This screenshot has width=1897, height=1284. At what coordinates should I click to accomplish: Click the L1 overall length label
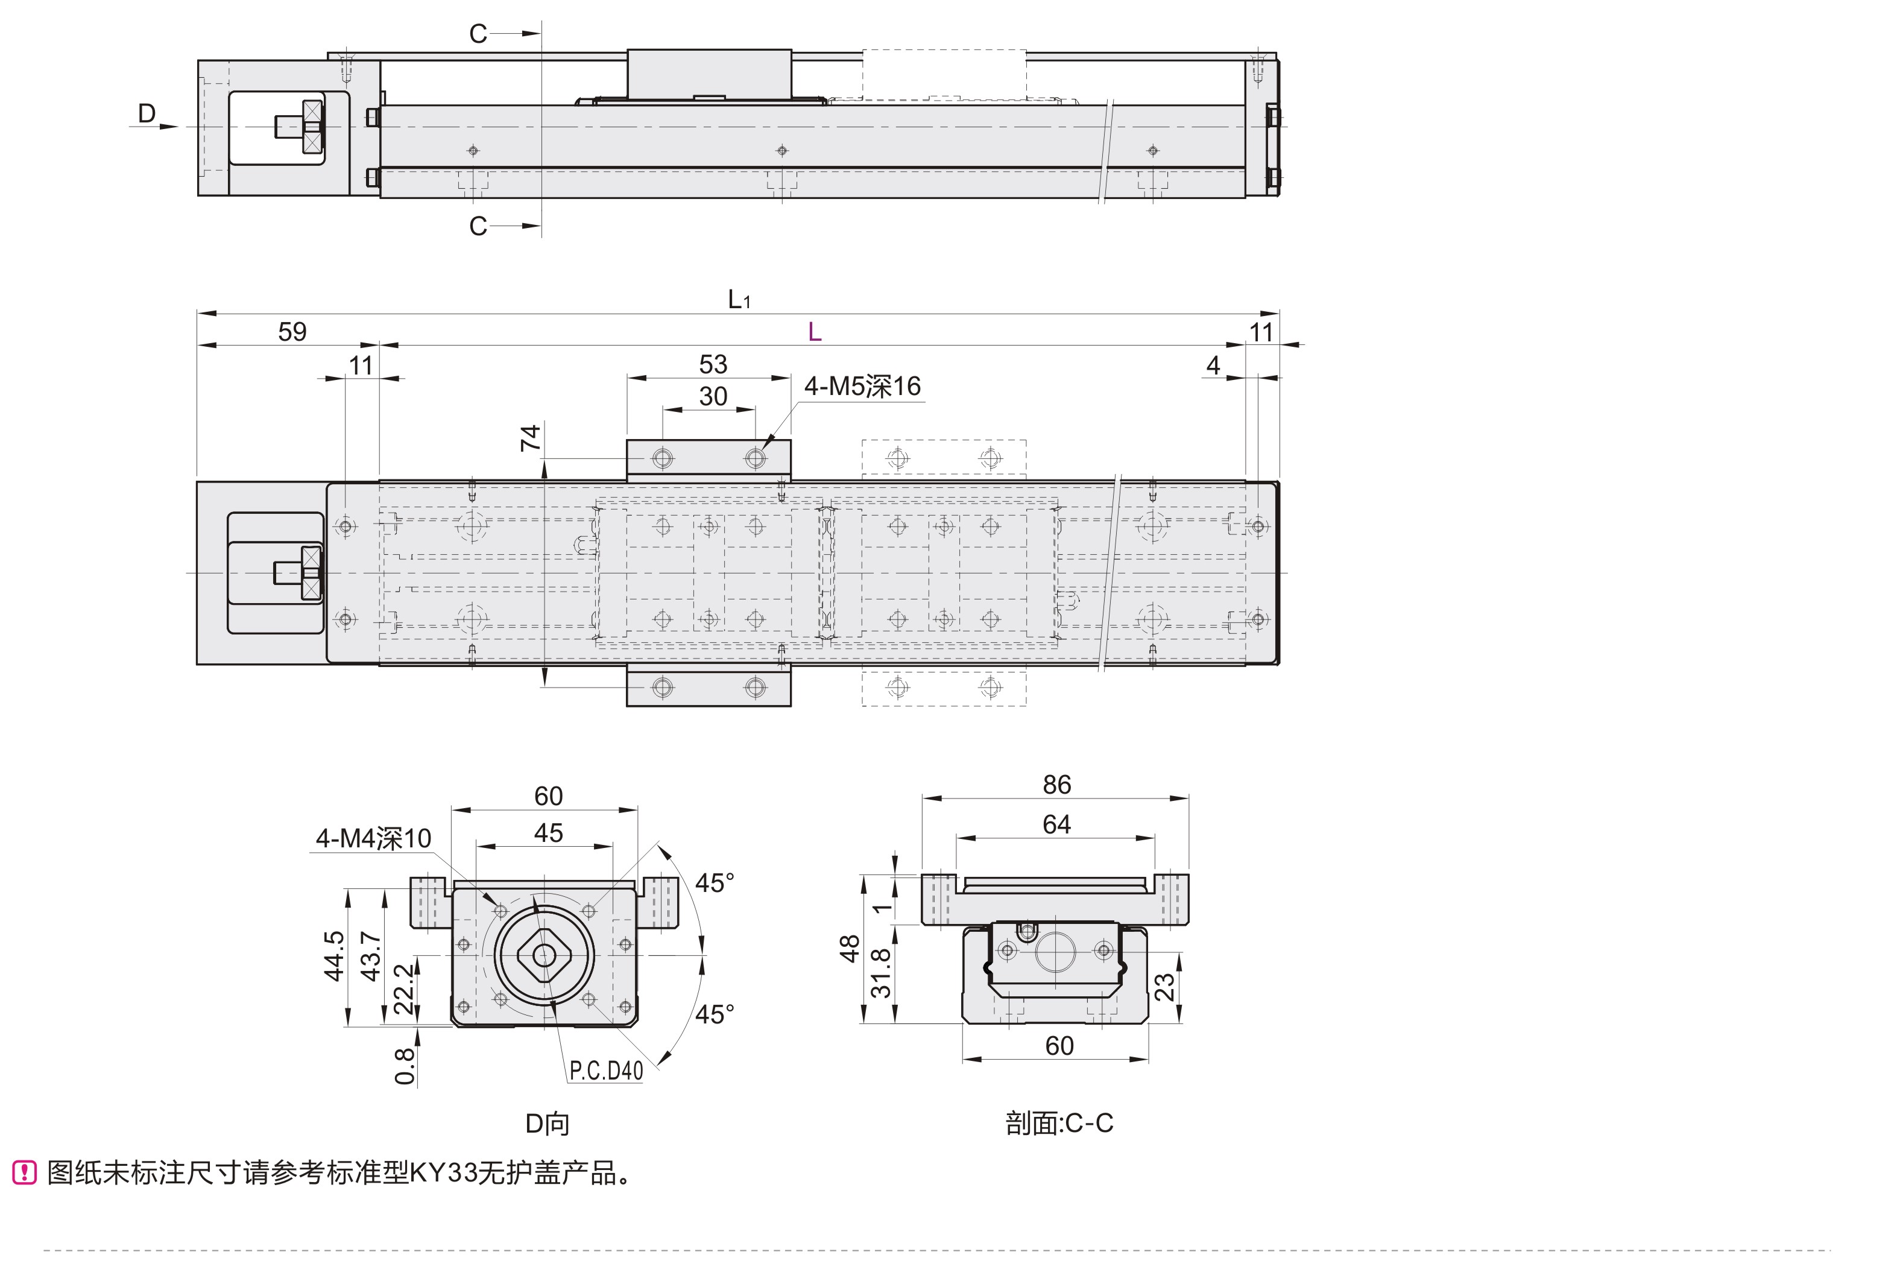[739, 300]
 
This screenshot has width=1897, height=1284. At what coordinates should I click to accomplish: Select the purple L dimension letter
[814, 332]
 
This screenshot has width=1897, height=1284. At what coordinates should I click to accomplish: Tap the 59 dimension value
[292, 332]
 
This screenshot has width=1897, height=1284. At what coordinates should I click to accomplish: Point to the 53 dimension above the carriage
[713, 364]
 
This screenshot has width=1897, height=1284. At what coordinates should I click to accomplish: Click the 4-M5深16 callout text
[862, 386]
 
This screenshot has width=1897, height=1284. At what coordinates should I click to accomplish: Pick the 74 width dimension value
[531, 438]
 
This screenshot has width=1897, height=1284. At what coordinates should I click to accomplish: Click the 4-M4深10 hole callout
[373, 838]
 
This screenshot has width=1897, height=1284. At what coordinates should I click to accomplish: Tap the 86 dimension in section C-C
[1056, 785]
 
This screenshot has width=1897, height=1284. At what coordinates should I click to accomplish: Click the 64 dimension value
[1056, 824]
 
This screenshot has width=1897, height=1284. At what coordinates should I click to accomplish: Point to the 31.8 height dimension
[882, 973]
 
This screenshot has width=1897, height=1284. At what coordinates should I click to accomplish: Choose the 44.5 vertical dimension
[334, 956]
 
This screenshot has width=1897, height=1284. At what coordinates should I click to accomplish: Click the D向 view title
[547, 1124]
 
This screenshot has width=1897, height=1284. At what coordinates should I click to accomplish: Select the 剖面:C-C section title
[1059, 1124]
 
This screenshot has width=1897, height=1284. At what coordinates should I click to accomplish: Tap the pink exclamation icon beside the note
[25, 1173]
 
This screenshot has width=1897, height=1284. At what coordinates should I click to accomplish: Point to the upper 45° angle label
[714, 883]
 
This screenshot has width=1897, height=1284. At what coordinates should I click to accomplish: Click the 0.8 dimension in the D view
[405, 1066]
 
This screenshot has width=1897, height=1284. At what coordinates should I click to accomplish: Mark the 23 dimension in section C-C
[1165, 988]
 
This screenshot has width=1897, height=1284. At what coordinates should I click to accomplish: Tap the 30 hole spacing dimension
[713, 397]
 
